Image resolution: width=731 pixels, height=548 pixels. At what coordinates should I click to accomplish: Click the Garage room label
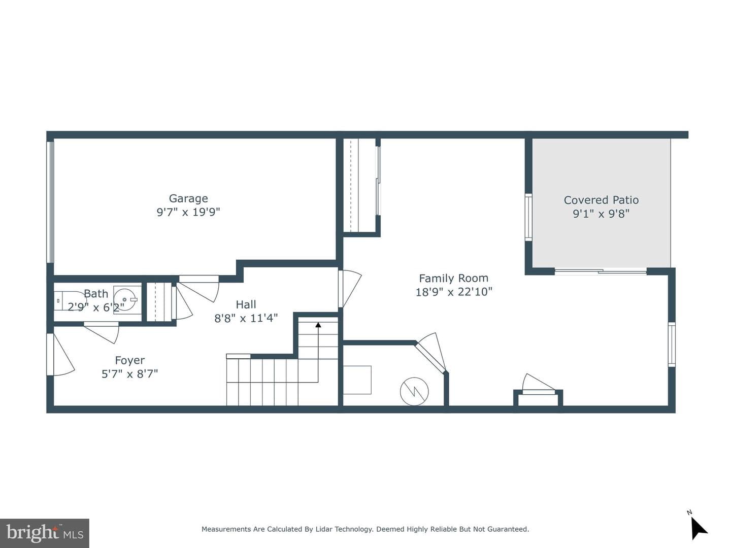[188, 198]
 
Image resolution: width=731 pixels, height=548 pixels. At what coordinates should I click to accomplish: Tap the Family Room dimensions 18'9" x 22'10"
[454, 292]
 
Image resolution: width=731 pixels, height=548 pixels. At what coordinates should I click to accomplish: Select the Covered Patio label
[601, 200]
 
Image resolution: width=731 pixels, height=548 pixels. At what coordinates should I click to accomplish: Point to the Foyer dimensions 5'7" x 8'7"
[129, 374]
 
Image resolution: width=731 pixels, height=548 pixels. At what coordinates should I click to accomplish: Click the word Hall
[246, 304]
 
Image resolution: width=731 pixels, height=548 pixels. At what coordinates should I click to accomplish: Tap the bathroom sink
[125, 299]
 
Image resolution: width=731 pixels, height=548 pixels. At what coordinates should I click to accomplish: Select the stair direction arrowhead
[318, 325]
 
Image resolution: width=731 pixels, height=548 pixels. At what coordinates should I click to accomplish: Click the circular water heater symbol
[414, 391]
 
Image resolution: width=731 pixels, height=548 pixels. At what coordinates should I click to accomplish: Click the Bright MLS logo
[44, 533]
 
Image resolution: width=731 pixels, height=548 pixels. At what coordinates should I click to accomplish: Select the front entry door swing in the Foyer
[61, 355]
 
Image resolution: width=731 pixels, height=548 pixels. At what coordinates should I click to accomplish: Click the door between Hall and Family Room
[350, 289]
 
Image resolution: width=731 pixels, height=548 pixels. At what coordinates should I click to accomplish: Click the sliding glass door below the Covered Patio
[601, 272]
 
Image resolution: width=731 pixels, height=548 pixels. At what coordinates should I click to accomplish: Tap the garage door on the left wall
[50, 202]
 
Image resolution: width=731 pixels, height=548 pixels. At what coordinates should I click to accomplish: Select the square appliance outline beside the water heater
[357, 380]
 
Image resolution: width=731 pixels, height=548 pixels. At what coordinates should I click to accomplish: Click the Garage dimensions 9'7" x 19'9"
[188, 212]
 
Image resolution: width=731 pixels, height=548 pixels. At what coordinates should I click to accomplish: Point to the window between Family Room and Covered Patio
[528, 217]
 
